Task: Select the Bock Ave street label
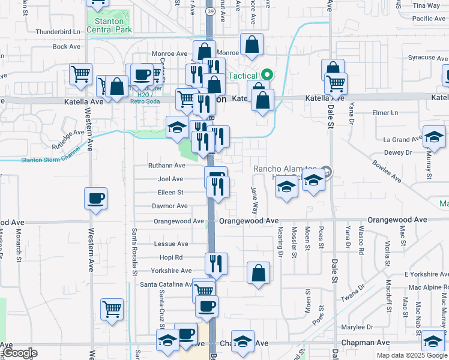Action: click(x=67, y=46)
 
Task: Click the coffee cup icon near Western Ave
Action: click(x=96, y=199)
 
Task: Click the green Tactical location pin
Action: click(x=267, y=76)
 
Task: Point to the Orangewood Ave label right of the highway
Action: click(x=249, y=221)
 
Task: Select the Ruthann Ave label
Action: click(x=167, y=166)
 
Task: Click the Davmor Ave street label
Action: click(x=170, y=206)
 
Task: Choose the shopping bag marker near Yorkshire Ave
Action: click(x=258, y=274)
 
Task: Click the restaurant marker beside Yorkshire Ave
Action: click(x=216, y=263)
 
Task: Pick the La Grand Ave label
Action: click(x=402, y=140)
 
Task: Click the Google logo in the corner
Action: click(x=20, y=353)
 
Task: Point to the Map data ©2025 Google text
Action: click(x=411, y=355)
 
